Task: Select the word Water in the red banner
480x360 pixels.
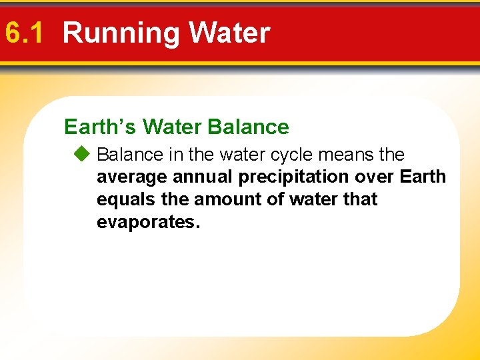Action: tap(229, 33)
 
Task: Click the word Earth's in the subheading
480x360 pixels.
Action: tap(100, 127)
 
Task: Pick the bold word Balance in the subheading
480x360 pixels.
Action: tap(249, 127)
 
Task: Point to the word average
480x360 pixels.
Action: tap(130, 177)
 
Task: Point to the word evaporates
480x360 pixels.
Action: tap(148, 222)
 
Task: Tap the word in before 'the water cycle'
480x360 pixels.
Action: tap(176, 155)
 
